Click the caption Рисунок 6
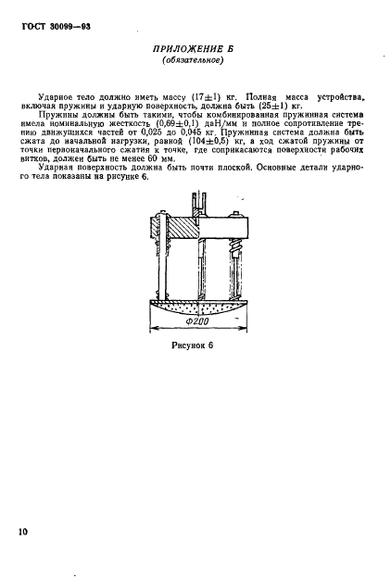pos(192,346)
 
